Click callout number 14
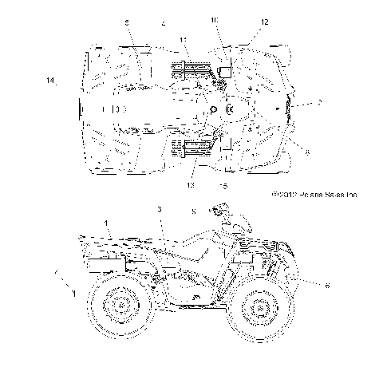[x=50, y=81]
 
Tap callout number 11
[x=184, y=40]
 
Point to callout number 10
[x=214, y=19]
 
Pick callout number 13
[x=191, y=185]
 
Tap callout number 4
[x=163, y=24]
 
